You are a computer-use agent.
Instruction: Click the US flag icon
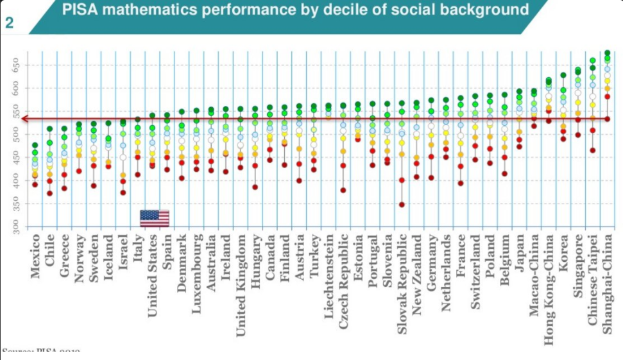[155, 218]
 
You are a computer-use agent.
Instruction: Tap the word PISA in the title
[80, 10]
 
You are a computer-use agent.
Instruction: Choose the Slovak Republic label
[402, 282]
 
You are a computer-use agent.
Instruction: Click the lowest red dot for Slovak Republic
[402, 205]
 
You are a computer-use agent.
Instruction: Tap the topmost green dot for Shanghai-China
[607, 53]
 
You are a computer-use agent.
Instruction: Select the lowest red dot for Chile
[49, 193]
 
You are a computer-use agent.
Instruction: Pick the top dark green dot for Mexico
[35, 146]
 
